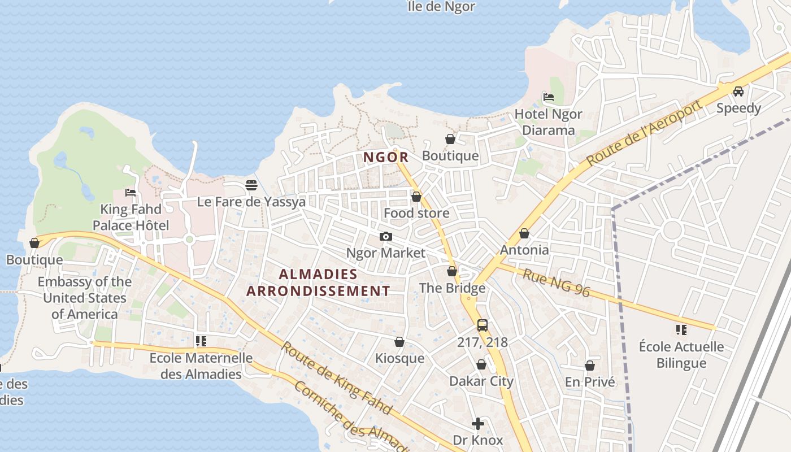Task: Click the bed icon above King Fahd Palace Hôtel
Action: coord(131,193)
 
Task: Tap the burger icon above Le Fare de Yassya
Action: coord(251,185)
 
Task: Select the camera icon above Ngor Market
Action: coord(386,236)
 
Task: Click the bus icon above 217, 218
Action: coord(482,325)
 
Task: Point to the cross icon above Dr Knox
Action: coord(478,423)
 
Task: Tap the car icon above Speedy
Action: coord(738,92)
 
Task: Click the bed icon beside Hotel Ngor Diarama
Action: coord(548,97)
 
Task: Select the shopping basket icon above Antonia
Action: coord(524,233)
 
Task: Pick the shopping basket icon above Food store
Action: coord(416,197)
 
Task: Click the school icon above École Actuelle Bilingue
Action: coord(681,329)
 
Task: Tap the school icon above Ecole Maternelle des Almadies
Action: coord(201,341)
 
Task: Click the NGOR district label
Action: coord(385,157)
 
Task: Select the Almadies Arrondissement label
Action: coord(318,282)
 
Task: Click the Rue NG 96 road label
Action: coord(556,283)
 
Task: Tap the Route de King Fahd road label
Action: coord(336,377)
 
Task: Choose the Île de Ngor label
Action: coord(441,7)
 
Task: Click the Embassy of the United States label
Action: coord(85,298)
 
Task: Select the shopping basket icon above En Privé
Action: coord(590,366)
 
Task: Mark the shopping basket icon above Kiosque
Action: coord(399,342)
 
